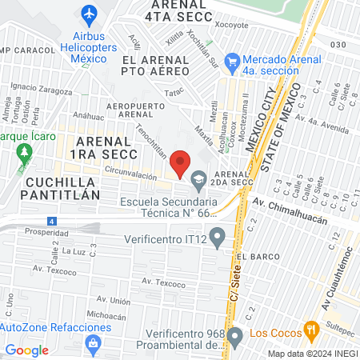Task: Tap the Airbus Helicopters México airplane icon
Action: coord(89,14)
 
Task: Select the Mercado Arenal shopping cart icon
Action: coord(233,61)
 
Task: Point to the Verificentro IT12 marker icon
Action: coord(216,238)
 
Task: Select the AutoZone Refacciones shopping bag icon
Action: coord(94,342)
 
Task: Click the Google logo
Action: coord(26,350)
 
